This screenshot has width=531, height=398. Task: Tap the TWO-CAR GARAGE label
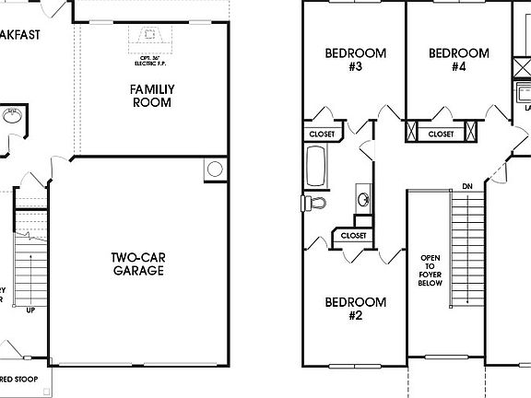click(138, 263)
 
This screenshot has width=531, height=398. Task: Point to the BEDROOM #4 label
click(458, 60)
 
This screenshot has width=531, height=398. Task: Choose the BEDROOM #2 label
click(355, 309)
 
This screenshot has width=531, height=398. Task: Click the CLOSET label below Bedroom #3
click(322, 135)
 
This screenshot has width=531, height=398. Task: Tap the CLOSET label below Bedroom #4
click(441, 135)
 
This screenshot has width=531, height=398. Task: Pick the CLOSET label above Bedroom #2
click(353, 236)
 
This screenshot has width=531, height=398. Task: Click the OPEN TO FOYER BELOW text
click(431, 271)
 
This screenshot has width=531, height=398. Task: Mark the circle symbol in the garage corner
click(215, 170)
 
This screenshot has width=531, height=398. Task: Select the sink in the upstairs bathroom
click(363, 199)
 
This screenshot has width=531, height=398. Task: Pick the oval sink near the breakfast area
click(12, 116)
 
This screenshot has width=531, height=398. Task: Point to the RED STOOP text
click(20, 380)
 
